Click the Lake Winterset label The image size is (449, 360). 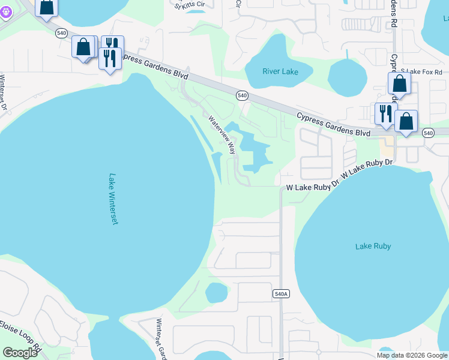[113, 199]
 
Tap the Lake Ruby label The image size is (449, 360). [373, 246]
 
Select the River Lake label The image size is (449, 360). [280, 71]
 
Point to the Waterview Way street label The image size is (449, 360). [222, 135]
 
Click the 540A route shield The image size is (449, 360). [281, 293]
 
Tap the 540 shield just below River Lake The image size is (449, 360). [242, 95]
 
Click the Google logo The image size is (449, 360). [20, 352]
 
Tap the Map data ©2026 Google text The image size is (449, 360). [412, 355]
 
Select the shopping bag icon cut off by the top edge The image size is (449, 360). [47, 7]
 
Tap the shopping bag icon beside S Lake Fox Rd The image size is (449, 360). [399, 85]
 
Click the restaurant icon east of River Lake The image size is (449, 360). [385, 113]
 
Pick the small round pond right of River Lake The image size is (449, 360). [347, 78]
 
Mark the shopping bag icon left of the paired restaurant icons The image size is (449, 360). [83, 46]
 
